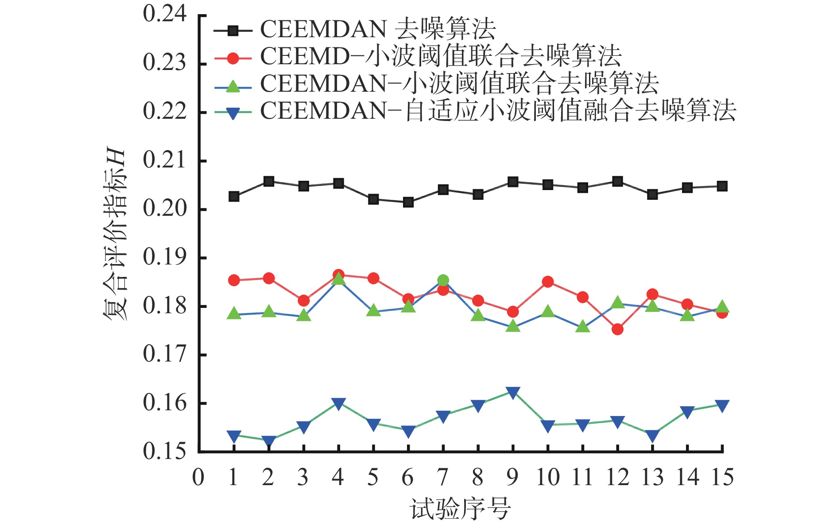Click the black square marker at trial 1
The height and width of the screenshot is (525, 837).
coord(234,196)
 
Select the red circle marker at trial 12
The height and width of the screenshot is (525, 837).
coord(617,329)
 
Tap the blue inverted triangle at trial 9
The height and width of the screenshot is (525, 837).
coord(513,393)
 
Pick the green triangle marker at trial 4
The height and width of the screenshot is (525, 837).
coord(338,279)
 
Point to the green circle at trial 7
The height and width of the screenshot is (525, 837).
coord(443,280)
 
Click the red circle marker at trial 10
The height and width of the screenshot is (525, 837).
coord(548,282)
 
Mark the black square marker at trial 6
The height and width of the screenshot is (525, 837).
coord(408,202)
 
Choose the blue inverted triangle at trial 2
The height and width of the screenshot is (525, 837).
coord(269,441)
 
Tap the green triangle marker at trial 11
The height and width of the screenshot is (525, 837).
coord(583,327)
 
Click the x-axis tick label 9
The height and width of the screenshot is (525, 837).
coord(512,478)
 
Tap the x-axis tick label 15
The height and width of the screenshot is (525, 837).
coord(722,478)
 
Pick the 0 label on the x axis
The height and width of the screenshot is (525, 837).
coord(198,478)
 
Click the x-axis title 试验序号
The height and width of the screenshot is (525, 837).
coord(461,509)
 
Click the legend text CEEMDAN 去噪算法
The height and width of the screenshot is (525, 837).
coord(378,30)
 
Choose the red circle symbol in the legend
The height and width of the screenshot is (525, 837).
coord(233,58)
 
